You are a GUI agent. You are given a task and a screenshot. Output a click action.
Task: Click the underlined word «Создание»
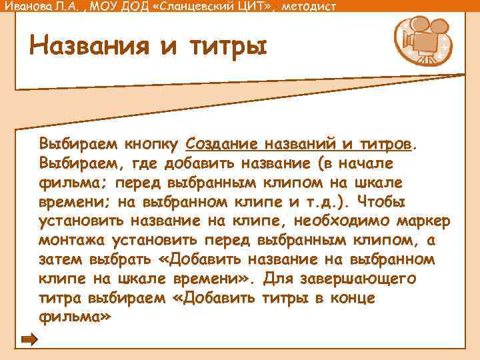tap(222, 143)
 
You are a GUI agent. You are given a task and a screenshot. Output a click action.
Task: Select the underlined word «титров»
tap(385, 143)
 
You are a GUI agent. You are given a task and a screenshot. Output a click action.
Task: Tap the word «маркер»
tap(421, 221)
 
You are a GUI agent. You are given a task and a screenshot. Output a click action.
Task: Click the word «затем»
tap(61, 259)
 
